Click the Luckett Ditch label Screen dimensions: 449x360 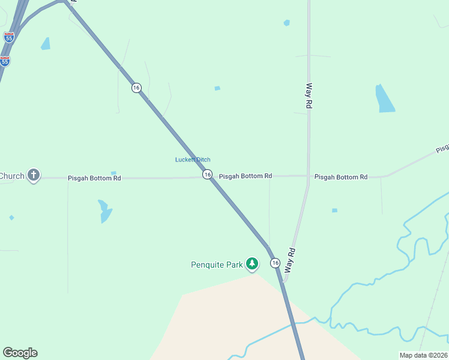click(193, 160)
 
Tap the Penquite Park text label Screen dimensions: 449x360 click(217, 264)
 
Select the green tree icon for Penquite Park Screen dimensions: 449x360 click(253, 264)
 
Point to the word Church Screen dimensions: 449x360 click(12, 176)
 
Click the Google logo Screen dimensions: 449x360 click(20, 353)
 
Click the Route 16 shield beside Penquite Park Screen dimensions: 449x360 click(275, 263)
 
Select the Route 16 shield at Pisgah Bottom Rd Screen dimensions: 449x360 click(207, 175)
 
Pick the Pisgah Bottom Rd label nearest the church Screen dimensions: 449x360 click(94, 178)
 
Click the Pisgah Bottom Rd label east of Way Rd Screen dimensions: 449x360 click(341, 177)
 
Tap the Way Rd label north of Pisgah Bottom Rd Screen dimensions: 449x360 click(310, 95)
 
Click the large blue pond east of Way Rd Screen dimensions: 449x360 click(384, 99)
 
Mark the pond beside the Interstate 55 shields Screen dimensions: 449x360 click(46, 44)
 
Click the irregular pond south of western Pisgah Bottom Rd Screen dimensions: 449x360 click(104, 211)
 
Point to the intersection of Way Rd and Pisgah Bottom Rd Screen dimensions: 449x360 click(309, 176)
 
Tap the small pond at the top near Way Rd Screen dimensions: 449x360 click(287, 23)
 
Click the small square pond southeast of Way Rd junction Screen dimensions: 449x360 click(334, 211)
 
